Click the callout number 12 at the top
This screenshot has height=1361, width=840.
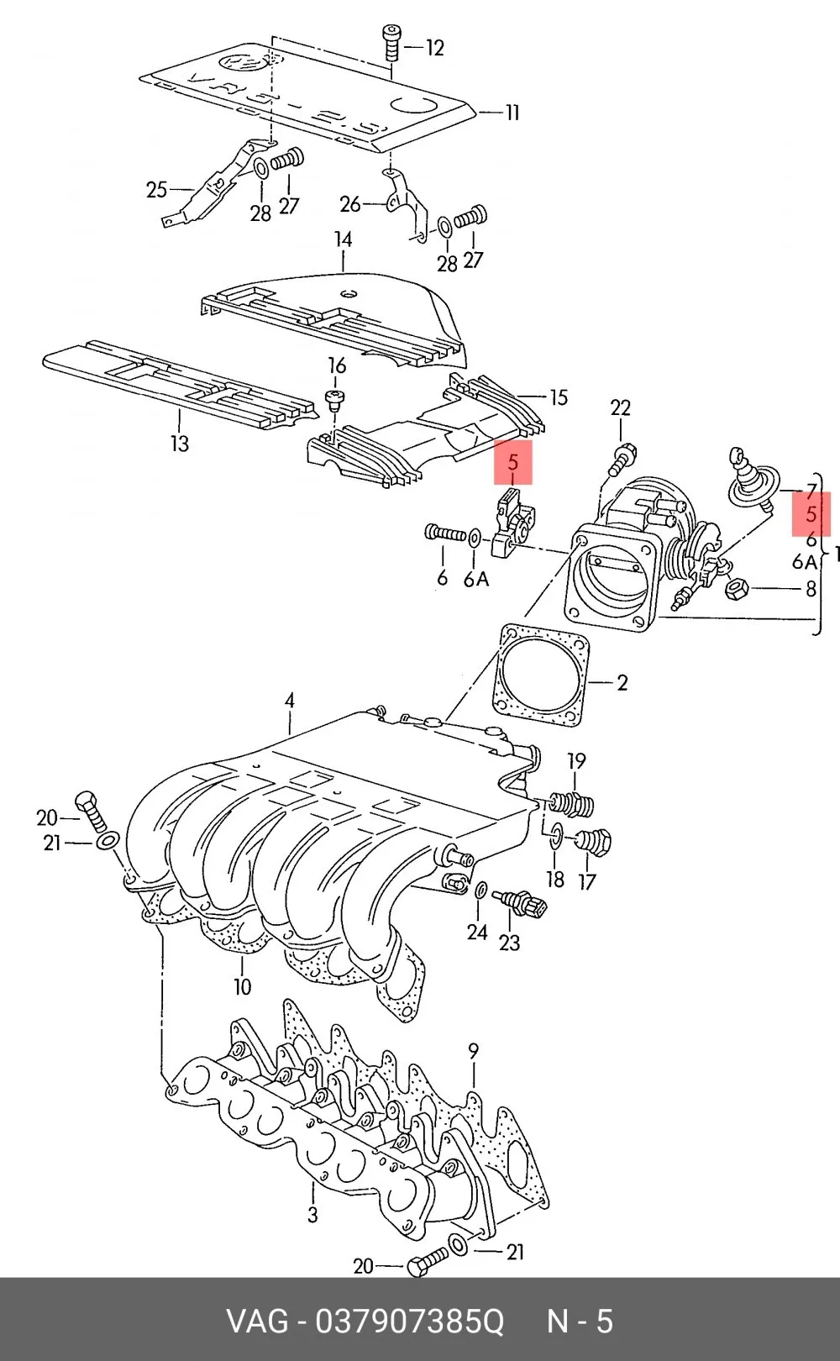click(435, 47)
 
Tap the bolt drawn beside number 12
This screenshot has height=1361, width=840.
click(391, 42)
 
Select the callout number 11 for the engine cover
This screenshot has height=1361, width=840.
click(512, 113)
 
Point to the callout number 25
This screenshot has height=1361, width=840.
click(157, 190)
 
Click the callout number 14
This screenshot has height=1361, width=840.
click(344, 239)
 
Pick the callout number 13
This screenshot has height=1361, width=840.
click(180, 443)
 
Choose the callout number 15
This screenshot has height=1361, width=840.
click(559, 397)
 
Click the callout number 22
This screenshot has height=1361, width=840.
click(620, 407)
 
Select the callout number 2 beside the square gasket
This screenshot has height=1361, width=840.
click(622, 683)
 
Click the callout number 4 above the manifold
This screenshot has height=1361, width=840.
click(290, 701)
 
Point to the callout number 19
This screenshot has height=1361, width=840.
click(576, 760)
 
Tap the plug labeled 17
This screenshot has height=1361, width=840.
click(592, 842)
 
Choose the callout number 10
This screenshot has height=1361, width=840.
click(243, 985)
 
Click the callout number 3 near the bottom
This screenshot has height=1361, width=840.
click(312, 1215)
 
